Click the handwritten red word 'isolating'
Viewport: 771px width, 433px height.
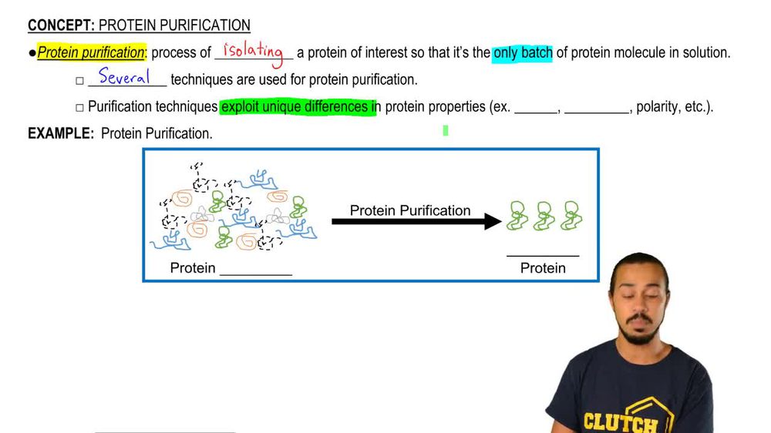click(252, 52)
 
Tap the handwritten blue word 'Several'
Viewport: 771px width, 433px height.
click(124, 77)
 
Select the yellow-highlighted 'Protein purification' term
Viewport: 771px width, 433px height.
click(90, 53)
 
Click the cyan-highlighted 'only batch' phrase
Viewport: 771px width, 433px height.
click(522, 53)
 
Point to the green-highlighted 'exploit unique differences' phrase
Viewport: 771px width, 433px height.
click(298, 107)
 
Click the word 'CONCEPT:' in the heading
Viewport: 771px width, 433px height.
click(61, 26)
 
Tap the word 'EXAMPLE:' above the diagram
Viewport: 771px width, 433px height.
click(61, 133)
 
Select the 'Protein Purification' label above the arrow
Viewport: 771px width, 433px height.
click(410, 210)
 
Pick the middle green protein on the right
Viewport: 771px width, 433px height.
click(544, 216)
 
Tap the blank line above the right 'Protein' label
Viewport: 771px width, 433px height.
click(543, 255)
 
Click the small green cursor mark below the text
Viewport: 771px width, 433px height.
click(446, 131)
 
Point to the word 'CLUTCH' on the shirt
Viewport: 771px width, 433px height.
click(620, 422)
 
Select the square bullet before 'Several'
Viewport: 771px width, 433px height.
click(79, 81)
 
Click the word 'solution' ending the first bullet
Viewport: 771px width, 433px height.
click(704, 53)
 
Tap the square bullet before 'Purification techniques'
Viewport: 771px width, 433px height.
click(79, 108)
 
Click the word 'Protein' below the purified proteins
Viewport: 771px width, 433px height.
click(543, 268)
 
